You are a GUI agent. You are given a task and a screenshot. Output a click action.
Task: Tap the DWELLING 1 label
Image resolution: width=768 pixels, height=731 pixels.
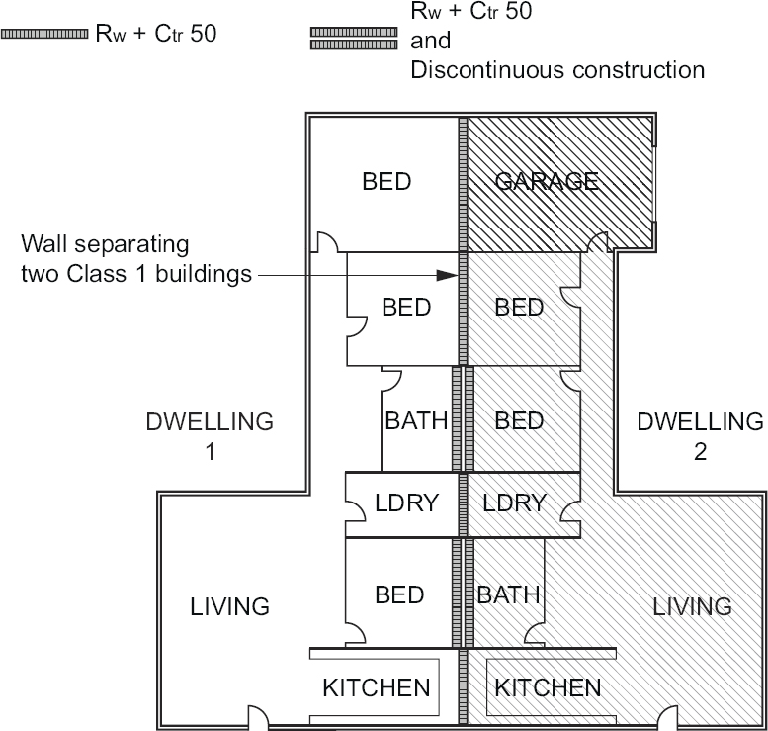pyautogui.click(x=209, y=436)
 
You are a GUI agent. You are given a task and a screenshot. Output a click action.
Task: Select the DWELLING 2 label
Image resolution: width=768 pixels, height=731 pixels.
pyautogui.click(x=700, y=436)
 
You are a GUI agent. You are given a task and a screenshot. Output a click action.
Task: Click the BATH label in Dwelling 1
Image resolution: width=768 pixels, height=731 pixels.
pyautogui.click(x=416, y=421)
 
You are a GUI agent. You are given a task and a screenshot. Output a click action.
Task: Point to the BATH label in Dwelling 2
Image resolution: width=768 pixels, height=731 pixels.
pyautogui.click(x=509, y=594)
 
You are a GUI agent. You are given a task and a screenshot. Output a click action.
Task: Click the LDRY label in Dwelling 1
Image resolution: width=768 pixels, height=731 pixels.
pyautogui.click(x=401, y=503)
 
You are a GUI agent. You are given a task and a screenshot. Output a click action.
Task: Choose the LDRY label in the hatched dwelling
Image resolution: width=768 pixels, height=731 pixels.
pyautogui.click(x=514, y=503)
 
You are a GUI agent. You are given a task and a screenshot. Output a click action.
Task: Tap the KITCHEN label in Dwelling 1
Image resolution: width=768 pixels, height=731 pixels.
pyautogui.click(x=377, y=687)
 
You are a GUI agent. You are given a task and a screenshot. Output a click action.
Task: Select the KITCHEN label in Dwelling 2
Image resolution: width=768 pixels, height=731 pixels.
pyautogui.click(x=548, y=687)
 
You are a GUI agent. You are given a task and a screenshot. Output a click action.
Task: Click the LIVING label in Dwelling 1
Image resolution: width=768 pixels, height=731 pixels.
pyautogui.click(x=230, y=605)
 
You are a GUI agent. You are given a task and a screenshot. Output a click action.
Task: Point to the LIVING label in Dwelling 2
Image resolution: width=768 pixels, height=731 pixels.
pyautogui.click(x=693, y=605)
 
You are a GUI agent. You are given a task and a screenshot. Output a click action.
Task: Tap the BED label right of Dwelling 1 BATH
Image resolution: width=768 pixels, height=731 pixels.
pyautogui.click(x=519, y=421)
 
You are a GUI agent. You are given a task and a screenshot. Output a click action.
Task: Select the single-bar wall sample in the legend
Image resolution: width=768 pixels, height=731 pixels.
pyautogui.click(x=44, y=33)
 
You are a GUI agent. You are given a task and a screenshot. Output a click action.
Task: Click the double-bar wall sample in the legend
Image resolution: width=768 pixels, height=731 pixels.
pyautogui.click(x=354, y=38)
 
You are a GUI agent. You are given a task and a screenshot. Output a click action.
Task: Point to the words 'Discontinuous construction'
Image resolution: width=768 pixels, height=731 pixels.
pyautogui.click(x=557, y=71)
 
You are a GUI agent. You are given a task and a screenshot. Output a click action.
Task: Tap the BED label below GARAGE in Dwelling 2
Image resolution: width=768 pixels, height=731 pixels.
pyautogui.click(x=519, y=307)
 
